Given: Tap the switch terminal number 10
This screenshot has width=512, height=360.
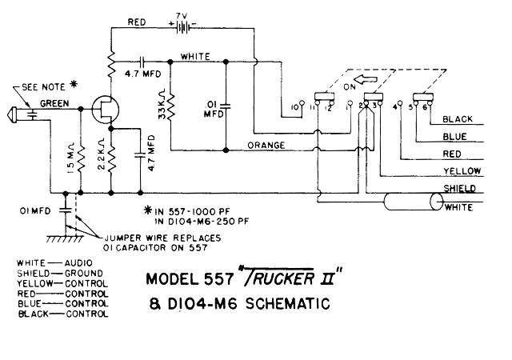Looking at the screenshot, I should click(293, 106).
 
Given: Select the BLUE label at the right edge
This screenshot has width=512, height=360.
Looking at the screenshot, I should click(460, 136).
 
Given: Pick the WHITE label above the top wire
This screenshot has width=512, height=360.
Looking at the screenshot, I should click(195, 57).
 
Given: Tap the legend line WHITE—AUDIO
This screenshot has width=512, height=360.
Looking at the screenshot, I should click(47, 262).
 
